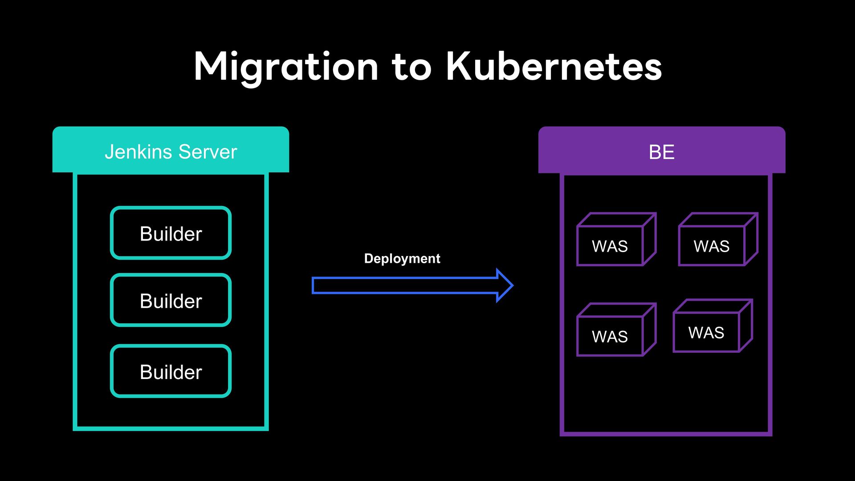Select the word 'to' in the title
412,68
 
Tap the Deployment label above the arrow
402,259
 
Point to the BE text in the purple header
662,152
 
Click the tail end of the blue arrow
313,285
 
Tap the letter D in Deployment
368,258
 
